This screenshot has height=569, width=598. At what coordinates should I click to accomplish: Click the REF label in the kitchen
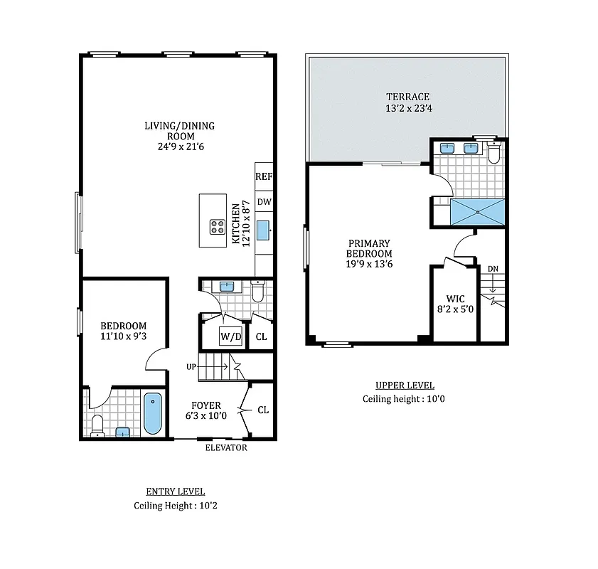tap(264, 176)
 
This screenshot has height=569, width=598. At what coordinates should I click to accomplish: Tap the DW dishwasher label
tap(264, 202)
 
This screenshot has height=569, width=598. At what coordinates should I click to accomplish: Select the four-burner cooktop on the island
tap(218, 228)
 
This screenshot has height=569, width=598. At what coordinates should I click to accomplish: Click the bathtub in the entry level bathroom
tap(152, 414)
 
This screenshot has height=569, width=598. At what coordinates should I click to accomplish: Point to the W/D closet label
tap(230, 336)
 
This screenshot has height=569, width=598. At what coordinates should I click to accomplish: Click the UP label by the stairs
tap(191, 367)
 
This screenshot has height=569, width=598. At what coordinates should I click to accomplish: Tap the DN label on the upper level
tap(493, 269)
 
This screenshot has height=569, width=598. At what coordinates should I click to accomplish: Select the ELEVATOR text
tap(226, 448)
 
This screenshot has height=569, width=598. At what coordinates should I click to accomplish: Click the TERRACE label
tap(407, 97)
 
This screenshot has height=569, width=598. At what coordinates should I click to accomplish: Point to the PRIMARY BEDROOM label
tap(369, 248)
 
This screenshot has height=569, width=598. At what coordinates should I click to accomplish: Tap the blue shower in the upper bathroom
tap(476, 211)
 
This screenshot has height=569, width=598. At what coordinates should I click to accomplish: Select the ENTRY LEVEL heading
tap(175, 491)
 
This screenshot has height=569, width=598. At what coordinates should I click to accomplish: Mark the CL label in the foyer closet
tap(263, 410)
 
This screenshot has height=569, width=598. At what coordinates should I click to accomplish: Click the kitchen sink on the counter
tap(262, 230)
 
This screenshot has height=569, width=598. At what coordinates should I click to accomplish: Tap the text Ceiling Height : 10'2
tap(175, 506)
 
